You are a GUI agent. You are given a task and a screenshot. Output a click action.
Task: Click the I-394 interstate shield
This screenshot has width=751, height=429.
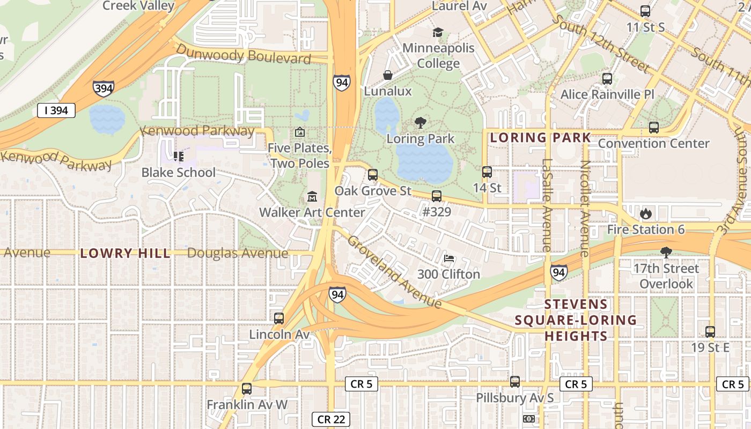tap(103, 88)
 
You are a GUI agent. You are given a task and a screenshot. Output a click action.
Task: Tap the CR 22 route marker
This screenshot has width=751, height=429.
tap(331, 419)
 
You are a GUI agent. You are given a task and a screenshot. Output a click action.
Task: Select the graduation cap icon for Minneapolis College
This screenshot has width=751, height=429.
tap(438, 33)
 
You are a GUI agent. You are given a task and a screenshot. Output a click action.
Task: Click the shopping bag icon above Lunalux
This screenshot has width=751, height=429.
tap(387, 75)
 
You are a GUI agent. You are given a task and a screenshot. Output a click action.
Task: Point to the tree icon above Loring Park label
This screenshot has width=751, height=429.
tap(421, 123)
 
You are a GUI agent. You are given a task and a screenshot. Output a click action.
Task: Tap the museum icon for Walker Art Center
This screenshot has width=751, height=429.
tap(312, 197)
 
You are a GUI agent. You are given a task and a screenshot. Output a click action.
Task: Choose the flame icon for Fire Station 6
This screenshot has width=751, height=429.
tap(645, 214)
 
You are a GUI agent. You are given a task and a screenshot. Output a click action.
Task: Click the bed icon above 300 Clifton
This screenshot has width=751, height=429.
tap(449, 258)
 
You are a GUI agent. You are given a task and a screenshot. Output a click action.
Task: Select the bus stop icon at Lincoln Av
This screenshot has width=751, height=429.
tap(279, 319)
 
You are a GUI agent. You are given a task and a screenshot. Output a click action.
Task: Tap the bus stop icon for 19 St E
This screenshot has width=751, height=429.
tap(710, 332)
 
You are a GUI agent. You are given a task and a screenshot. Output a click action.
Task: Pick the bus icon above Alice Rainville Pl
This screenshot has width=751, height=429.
tap(607, 79)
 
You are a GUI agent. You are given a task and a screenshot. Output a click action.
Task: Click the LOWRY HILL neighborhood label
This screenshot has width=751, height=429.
tap(125, 254)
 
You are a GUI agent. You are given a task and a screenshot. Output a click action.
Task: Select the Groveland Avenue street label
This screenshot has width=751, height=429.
tap(394, 272)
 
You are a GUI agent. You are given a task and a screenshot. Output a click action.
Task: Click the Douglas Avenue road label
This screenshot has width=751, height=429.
tap(238, 254)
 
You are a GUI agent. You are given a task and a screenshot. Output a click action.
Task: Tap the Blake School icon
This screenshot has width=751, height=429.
tap(178, 157)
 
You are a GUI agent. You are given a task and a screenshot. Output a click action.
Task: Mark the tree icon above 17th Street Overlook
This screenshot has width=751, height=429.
tap(666, 253)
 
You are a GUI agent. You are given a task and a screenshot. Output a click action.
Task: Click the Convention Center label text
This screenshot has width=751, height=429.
tap(653, 144)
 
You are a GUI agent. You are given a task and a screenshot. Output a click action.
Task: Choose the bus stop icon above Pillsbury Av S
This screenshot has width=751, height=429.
tap(515, 382)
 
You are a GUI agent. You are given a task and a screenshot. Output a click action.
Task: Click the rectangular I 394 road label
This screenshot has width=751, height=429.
tap(56, 111)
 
